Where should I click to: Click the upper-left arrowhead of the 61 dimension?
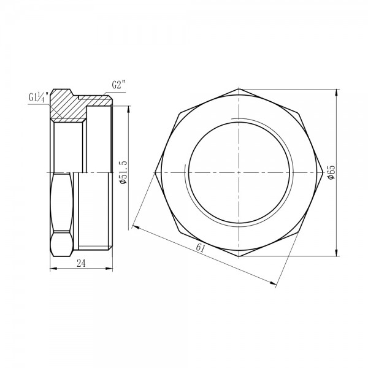tap(134, 227)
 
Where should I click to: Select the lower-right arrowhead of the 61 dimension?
tap(272, 282)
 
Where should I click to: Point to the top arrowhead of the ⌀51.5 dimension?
tap(129, 110)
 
